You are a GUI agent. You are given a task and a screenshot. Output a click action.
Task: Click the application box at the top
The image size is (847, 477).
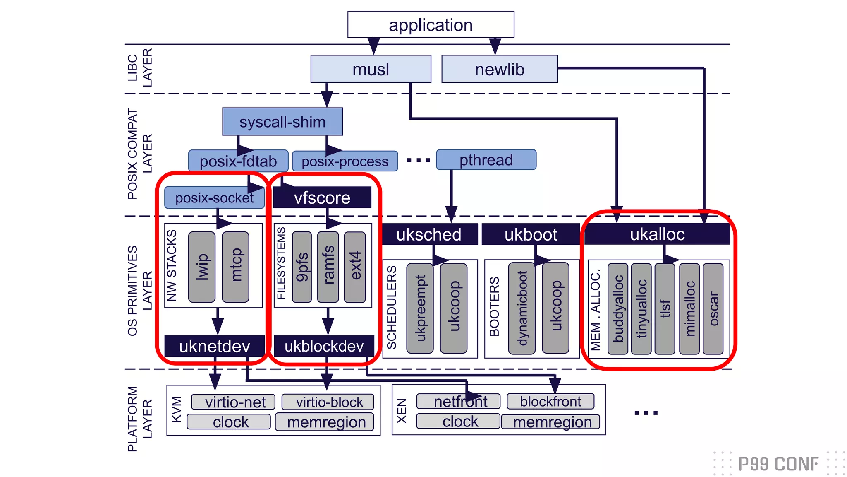[431, 25]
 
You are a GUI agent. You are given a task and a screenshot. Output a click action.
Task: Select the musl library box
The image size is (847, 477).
[371, 69]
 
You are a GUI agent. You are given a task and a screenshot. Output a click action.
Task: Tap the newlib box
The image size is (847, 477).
[499, 69]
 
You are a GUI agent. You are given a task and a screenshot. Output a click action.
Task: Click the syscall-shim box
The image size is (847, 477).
[282, 122]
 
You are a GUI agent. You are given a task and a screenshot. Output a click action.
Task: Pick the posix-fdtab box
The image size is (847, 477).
[238, 161]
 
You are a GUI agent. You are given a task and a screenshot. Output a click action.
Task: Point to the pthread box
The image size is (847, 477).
[486, 160]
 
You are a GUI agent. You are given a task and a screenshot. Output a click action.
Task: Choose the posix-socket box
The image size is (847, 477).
[214, 198]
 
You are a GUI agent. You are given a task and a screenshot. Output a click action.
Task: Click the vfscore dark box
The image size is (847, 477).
[322, 198]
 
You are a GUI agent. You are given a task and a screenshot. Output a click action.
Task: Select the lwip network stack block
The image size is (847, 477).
[202, 267]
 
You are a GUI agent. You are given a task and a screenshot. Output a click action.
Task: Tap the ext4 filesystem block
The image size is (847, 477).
[355, 267]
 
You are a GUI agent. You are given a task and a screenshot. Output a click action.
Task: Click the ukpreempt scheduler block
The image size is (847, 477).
[420, 308]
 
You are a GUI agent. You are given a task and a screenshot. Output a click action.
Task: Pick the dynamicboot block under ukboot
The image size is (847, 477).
[522, 308]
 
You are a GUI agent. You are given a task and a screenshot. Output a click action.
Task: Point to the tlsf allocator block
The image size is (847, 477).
[665, 308]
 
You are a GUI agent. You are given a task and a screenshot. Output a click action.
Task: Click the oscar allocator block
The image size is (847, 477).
[713, 308]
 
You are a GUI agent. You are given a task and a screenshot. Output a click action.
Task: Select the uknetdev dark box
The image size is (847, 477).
[214, 346]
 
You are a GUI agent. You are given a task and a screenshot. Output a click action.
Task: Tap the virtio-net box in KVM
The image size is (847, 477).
[233, 402]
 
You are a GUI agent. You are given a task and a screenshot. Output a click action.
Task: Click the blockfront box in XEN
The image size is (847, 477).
[550, 401]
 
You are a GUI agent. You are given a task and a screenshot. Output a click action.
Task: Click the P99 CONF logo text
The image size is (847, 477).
[778, 464]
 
